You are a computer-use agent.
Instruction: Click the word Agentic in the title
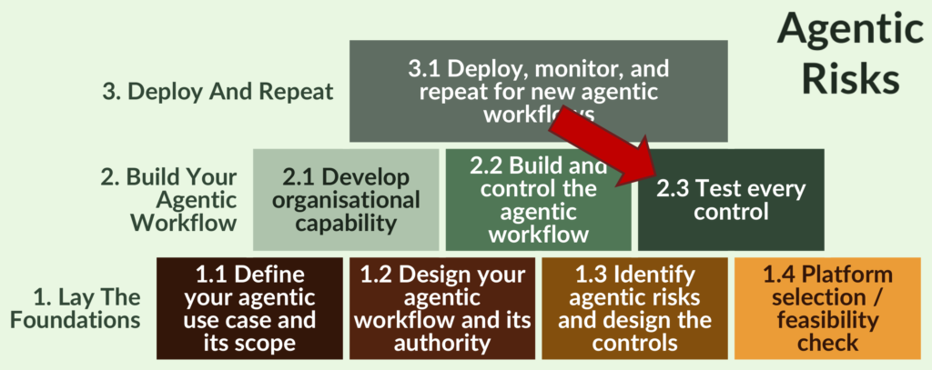[848, 31]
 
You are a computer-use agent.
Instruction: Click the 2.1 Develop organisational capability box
[345, 199]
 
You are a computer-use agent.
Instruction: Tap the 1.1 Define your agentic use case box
[248, 308]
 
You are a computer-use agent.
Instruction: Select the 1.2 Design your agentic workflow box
[441, 308]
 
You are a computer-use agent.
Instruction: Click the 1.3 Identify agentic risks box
[634, 308]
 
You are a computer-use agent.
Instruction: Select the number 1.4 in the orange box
[782, 275]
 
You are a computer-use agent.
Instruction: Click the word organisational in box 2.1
[346, 200]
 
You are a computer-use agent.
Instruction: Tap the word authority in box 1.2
[441, 343]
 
